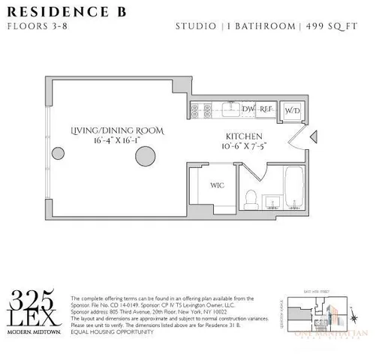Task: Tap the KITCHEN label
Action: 243,137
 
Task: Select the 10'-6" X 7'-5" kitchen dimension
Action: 243,147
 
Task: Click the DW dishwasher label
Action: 249,109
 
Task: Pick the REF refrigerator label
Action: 265,109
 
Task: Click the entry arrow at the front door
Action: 314,136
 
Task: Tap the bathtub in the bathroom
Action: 293,187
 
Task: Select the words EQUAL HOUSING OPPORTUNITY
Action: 113,331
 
